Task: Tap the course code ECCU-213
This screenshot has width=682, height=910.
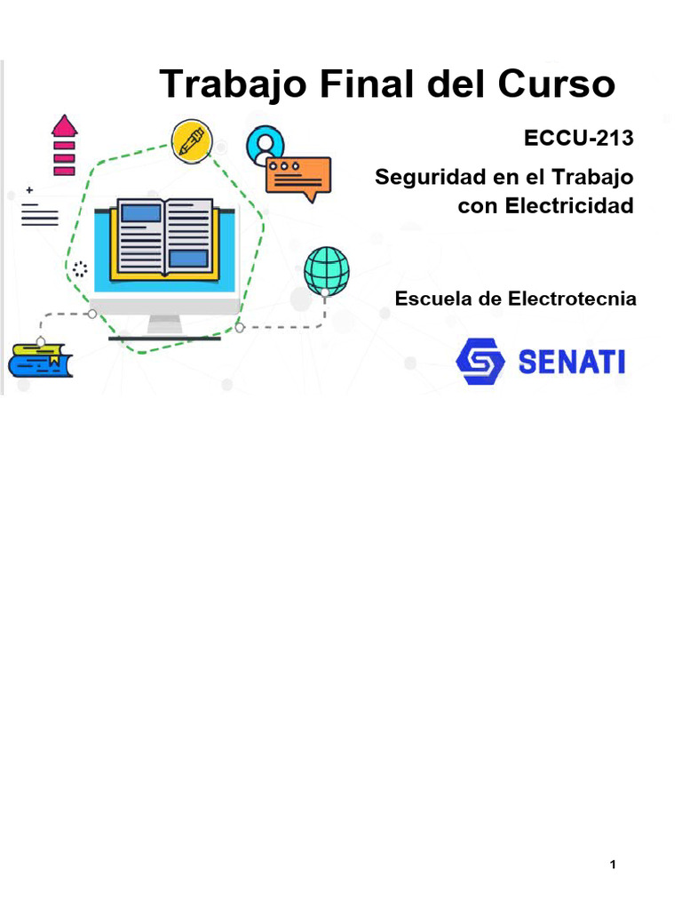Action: pyautogui.click(x=580, y=139)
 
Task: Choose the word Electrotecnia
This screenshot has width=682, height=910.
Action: pyautogui.click(x=572, y=299)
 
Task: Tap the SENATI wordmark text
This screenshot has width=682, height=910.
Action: pyautogui.click(x=571, y=362)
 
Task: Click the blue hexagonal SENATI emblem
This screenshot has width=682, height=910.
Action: pyautogui.click(x=480, y=361)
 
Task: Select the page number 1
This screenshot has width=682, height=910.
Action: pyautogui.click(x=613, y=865)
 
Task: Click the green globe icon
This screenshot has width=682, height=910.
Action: pyautogui.click(x=326, y=270)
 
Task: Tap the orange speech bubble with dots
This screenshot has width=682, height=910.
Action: pyautogui.click(x=298, y=176)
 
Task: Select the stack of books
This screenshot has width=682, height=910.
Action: pyautogui.click(x=40, y=360)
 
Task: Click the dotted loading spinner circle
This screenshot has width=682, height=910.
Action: pyautogui.click(x=79, y=269)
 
